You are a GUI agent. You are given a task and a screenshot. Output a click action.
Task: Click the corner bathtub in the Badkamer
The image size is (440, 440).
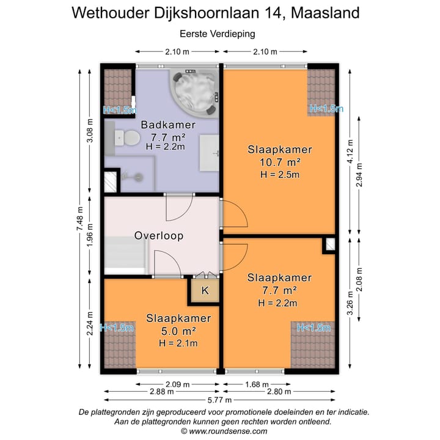pos(194,94)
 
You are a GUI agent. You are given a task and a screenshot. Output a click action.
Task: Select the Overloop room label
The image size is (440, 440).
pos(159,235)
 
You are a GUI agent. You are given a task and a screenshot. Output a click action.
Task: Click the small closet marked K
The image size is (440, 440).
pos(205,291)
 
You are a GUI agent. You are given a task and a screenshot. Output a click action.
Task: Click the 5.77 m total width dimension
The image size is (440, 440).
pos(219,400)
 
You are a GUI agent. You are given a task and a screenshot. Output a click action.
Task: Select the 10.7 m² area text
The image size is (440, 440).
pos(280,163)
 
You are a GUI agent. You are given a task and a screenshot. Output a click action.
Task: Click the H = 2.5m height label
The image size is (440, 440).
pos(280,175)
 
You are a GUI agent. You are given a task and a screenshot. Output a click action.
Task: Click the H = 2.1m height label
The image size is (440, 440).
pos(178,343)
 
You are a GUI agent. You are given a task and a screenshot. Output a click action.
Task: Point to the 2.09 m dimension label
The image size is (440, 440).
pos(160,384)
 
